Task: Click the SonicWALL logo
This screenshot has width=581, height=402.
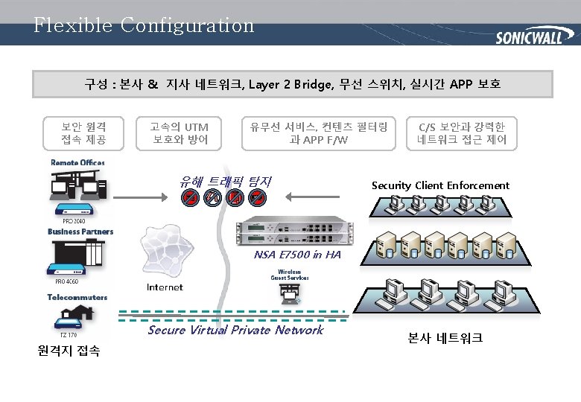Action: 529,37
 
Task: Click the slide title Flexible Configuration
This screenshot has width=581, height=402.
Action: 144,25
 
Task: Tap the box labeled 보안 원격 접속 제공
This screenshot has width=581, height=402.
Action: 83,133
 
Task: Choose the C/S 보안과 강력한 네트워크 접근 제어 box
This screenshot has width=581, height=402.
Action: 462,133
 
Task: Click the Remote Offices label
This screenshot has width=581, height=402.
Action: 77,162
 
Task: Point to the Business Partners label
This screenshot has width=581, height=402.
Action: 80,232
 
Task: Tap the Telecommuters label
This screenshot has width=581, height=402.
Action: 77,297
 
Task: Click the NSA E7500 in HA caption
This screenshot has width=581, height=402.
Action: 297,255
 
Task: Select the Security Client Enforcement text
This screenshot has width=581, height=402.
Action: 440,185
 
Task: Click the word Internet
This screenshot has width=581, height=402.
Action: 165,287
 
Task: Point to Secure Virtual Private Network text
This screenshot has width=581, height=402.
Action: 235,330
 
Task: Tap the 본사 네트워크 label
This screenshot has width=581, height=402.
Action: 445,338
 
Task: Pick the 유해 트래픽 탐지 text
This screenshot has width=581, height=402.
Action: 225,181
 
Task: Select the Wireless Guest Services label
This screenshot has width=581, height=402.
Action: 289,275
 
